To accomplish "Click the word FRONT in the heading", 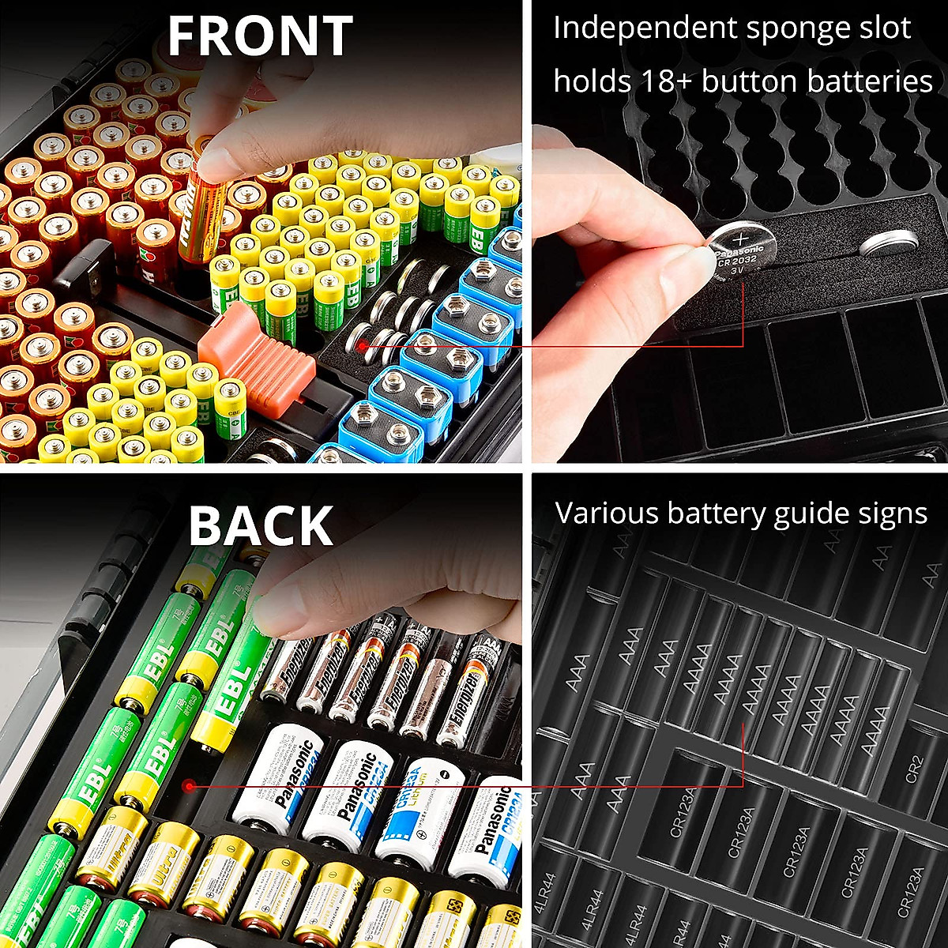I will click(x=260, y=36).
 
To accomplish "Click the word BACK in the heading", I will click(x=261, y=526).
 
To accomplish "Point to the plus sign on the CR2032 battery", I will click(x=742, y=236).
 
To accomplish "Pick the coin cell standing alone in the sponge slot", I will click(x=889, y=242).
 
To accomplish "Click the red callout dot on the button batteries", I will click(x=362, y=345).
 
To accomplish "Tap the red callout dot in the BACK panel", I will click(x=188, y=786).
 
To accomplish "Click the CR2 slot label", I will click(x=914, y=769).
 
